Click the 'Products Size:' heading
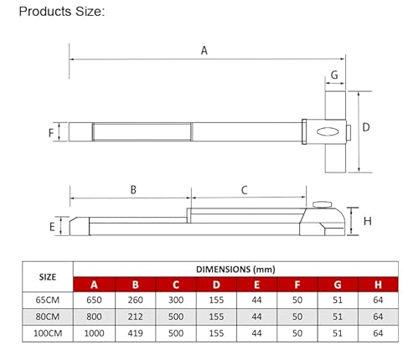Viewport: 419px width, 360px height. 62,12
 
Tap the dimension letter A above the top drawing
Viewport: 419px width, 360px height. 204,50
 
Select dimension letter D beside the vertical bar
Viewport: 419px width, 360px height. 366,127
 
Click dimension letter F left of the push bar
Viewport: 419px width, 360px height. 51,132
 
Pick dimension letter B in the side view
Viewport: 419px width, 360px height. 133,190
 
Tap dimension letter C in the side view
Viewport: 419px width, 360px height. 245,190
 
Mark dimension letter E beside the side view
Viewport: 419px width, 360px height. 51,227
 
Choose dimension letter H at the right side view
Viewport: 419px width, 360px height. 367,221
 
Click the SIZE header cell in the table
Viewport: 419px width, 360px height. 49,276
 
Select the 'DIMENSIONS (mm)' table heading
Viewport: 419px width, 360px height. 235,269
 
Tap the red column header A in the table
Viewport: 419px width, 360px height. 95,285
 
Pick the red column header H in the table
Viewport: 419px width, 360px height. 378,285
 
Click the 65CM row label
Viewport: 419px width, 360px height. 49,301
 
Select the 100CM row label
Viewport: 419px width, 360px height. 49,332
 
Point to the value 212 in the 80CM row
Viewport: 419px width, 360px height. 136,316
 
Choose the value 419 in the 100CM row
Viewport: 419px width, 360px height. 136,332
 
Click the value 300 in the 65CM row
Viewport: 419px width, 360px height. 176,301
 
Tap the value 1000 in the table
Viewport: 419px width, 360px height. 95,332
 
